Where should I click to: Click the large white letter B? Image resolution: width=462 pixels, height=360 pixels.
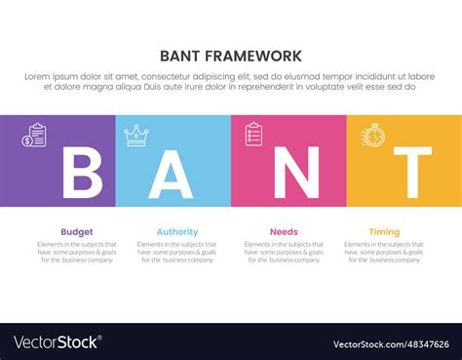pyautogui.click(x=81, y=173)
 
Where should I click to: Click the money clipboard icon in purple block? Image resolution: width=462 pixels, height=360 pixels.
pyautogui.click(x=37, y=135)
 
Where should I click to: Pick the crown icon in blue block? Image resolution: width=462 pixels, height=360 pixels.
pyautogui.click(x=136, y=135)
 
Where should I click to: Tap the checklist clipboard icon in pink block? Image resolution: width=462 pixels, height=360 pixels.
pyautogui.click(x=253, y=134)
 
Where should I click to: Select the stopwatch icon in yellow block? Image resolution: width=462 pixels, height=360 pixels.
pyautogui.click(x=372, y=135)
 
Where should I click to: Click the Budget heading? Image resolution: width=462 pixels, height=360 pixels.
pyautogui.click(x=77, y=232)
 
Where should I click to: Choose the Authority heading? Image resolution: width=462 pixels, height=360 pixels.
pyautogui.click(x=177, y=232)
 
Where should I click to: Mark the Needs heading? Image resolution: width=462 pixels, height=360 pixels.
pyautogui.click(x=284, y=232)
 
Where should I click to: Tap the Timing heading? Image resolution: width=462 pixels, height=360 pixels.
pyautogui.click(x=384, y=232)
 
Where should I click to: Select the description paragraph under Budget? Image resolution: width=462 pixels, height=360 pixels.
pyautogui.click(x=77, y=253)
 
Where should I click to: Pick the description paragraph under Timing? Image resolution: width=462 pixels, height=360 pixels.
pyautogui.click(x=384, y=253)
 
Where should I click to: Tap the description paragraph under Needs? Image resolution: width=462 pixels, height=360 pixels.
pyautogui.click(x=284, y=253)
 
